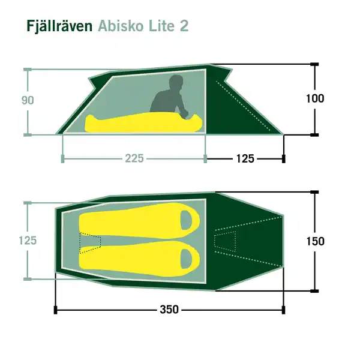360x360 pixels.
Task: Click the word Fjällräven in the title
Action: point(59,27)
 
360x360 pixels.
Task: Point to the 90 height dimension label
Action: point(28,101)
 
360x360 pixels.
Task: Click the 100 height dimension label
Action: point(314,99)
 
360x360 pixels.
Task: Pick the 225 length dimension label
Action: point(134,158)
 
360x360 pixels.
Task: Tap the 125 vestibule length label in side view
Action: point(245,158)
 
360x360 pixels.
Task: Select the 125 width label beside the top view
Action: point(28,241)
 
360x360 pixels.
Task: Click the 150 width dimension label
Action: point(314,241)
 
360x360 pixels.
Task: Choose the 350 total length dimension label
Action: point(170,310)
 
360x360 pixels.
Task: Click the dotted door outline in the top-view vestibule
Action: point(226,241)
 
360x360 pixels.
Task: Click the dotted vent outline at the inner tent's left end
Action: point(91,241)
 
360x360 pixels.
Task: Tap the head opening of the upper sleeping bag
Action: point(188,220)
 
